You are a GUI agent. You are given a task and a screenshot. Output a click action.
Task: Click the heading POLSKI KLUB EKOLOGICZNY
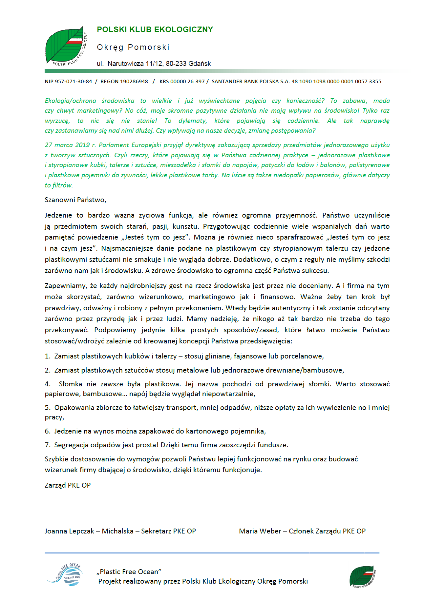[x=155, y=29]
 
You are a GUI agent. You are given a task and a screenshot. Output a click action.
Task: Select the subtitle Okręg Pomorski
[x=133, y=47]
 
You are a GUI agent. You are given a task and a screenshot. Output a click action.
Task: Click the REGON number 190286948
[x=134, y=81]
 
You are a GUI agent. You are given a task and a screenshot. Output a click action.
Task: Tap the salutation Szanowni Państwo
[x=75, y=200]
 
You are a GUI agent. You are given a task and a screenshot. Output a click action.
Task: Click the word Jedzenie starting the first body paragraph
[x=58, y=215]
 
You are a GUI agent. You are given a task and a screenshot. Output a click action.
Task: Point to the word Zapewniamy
[x=65, y=286]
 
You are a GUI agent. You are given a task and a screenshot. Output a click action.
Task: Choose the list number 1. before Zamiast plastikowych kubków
[x=48, y=356]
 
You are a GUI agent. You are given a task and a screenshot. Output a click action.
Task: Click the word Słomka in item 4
[x=70, y=384]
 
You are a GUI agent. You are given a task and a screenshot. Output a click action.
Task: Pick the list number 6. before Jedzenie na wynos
[x=48, y=431]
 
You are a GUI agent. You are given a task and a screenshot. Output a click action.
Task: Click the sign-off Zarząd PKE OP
[x=68, y=485]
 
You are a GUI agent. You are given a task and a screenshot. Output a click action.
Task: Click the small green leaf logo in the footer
[x=362, y=576]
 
